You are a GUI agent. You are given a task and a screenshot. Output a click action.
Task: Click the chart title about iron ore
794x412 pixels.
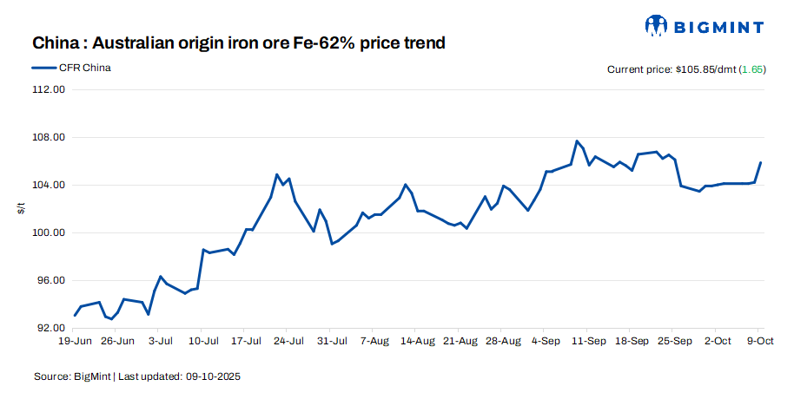point(239,43)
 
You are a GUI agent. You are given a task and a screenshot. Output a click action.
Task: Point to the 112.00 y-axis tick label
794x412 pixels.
point(49,90)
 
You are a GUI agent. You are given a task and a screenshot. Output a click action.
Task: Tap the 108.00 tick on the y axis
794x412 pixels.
point(49,138)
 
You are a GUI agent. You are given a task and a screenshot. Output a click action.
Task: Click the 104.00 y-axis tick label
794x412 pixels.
point(49,186)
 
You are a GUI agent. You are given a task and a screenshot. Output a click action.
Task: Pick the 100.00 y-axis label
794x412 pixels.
point(49,233)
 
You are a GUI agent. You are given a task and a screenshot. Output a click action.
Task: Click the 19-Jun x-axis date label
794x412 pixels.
point(75,341)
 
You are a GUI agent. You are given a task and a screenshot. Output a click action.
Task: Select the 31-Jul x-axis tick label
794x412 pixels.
point(330,341)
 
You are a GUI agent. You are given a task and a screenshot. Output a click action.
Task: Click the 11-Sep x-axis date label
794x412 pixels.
point(588,341)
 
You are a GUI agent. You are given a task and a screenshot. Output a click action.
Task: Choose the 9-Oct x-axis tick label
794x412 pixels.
point(761,341)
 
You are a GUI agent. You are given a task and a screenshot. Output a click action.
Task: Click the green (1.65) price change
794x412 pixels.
point(751,69)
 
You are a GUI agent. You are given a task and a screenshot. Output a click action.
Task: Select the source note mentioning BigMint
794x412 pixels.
point(137,377)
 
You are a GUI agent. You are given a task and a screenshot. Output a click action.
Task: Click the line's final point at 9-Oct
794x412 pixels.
point(761,162)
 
